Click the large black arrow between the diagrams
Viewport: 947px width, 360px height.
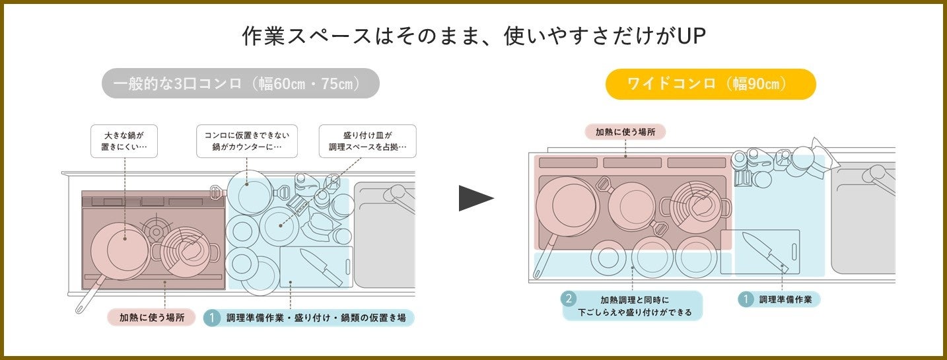pyautogui.click(x=475, y=198)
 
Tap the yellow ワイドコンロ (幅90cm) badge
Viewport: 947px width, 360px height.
pyautogui.click(x=711, y=84)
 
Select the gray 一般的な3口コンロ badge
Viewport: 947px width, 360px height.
pyautogui.click(x=240, y=84)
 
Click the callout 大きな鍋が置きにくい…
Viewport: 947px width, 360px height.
pyautogui.click(x=124, y=141)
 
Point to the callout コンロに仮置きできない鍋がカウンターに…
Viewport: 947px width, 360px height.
pyautogui.click(x=247, y=141)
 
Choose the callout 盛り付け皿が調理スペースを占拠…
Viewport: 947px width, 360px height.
pyautogui.click(x=367, y=141)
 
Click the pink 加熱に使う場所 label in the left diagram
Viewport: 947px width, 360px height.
pyautogui.click(x=152, y=318)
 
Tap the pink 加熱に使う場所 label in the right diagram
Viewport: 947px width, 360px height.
pyautogui.click(x=625, y=131)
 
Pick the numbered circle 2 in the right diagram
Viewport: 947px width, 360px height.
pyautogui.click(x=568, y=299)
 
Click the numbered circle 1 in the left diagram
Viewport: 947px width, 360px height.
pyautogui.click(x=212, y=318)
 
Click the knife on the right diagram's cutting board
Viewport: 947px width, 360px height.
pyautogui.click(x=764, y=252)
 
